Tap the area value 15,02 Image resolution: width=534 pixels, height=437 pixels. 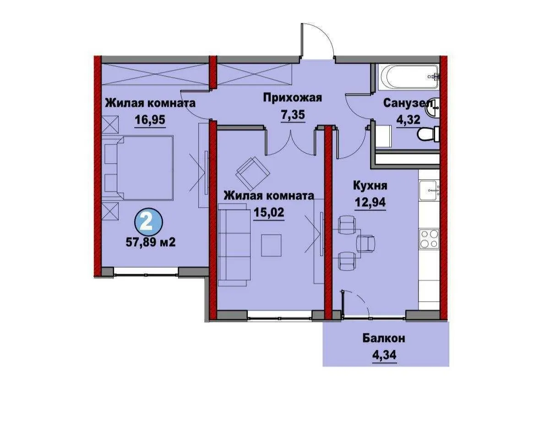[268, 212]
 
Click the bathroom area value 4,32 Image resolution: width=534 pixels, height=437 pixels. [408, 120]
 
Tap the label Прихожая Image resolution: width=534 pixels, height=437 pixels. [292, 98]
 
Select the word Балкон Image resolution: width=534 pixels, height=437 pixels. [384, 339]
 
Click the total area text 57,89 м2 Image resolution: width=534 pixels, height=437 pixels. [151, 242]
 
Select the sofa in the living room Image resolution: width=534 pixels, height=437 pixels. [235, 245]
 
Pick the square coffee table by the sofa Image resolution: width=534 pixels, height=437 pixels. [272, 245]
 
